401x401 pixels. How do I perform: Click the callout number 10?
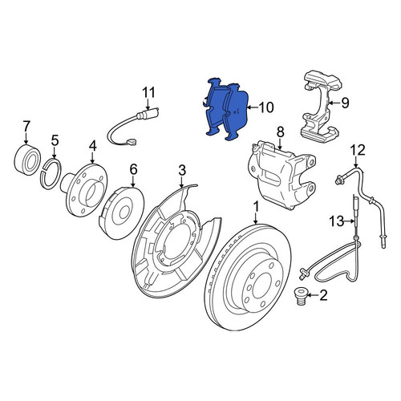tap(266, 107)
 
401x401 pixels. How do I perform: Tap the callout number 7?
tap(26, 126)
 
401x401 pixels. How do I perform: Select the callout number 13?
tap(336, 221)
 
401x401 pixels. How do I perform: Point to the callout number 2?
tap(323, 295)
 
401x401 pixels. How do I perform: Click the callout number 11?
tap(148, 92)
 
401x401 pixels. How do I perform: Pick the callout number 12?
tap(358, 150)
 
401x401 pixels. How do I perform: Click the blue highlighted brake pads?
tap(227, 109)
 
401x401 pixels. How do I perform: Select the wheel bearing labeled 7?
tap(26, 160)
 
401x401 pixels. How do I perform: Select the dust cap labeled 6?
tap(122, 213)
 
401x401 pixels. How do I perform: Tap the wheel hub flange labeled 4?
tap(85, 188)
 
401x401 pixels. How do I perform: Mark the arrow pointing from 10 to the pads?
tap(252, 107)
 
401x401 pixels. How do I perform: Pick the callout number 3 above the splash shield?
tap(182, 170)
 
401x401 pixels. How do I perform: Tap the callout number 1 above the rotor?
tap(256, 207)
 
